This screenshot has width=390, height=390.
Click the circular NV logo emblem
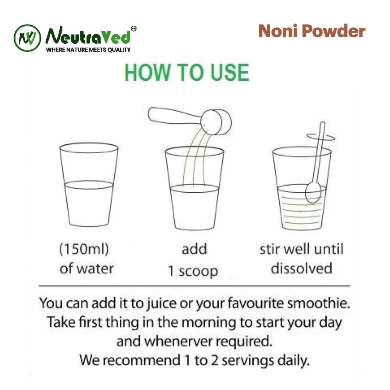tap(27, 38)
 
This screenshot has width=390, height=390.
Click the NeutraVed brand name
tap(88, 35)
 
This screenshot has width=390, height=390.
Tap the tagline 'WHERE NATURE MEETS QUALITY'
tap(88, 50)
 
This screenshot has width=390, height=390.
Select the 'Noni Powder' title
tap(312, 31)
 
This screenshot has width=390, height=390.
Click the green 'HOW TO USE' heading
tap(187, 73)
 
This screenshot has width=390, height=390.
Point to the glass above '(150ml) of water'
tap(89, 184)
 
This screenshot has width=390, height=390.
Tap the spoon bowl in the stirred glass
tap(313, 192)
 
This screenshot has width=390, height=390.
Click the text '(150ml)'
tap(84, 249)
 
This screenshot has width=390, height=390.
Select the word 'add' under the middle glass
tap(194, 249)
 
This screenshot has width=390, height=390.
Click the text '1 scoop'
tap(193, 271)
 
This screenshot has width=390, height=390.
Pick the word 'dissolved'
tap(301, 268)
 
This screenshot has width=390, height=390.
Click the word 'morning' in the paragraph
tap(209, 323)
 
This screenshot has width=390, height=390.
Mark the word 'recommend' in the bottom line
tap(142, 360)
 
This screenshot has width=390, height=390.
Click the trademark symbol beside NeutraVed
tap(133, 28)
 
